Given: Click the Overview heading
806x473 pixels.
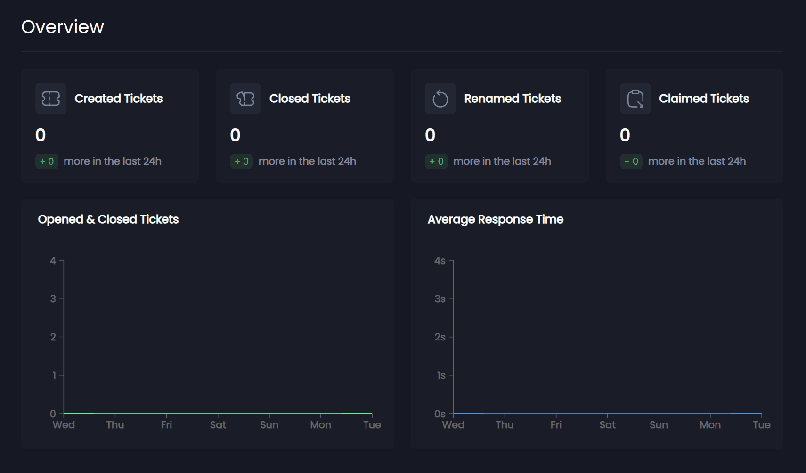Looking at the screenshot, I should [63, 27].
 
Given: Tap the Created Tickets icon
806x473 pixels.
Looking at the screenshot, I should [51, 99].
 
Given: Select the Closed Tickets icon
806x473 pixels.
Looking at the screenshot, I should [245, 99].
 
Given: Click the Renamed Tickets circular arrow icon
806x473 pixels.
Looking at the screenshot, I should [440, 99].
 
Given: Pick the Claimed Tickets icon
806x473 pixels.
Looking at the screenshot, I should [635, 99].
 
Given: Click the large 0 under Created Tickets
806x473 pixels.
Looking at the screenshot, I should [41, 135].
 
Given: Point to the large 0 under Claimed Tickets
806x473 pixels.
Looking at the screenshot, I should [625, 135].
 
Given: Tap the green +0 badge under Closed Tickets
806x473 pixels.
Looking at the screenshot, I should [241, 161].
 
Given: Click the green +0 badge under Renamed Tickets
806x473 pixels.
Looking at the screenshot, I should [436, 161].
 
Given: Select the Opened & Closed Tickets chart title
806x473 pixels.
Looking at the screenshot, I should [108, 219].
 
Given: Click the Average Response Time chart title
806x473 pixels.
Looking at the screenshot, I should [496, 219].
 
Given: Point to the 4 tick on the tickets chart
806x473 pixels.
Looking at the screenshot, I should [53, 261].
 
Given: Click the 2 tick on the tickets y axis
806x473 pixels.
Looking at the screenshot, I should [53, 337].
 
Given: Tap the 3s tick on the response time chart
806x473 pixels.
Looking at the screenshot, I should [440, 299].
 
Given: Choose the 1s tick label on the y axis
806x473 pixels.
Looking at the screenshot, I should [441, 375].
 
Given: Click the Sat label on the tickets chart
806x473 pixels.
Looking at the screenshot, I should [218, 425].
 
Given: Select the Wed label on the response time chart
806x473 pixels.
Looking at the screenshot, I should [453, 425].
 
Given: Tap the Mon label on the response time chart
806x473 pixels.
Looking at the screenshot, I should [710, 425].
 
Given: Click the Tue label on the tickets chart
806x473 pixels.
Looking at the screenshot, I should [372, 425].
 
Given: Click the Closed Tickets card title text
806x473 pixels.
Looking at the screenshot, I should [310, 99].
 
